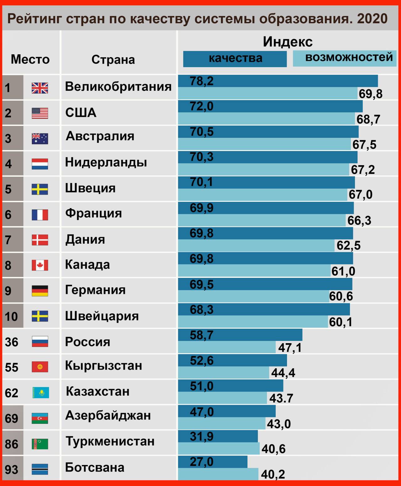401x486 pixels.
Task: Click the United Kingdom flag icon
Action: point(40,88)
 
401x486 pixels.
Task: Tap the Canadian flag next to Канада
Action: point(40,265)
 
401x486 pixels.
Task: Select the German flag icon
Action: point(40,291)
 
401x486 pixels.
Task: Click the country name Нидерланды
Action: point(106,162)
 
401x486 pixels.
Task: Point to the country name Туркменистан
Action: point(110,441)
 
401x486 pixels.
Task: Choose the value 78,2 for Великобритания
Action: point(201,81)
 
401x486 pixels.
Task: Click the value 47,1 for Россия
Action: point(290,348)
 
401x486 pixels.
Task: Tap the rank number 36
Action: point(12,342)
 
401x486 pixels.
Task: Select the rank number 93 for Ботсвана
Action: point(12,470)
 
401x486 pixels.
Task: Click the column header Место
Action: point(30,59)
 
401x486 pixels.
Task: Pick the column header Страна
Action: point(113,60)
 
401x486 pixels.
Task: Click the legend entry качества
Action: point(235,58)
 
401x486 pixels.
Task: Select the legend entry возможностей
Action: point(349,57)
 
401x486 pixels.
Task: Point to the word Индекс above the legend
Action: point(288,42)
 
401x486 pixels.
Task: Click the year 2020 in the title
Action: point(372,19)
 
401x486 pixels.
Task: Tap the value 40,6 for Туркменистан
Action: point(273,449)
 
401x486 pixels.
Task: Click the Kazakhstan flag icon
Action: point(40,393)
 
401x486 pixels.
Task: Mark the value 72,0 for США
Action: point(201,106)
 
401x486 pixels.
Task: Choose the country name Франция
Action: point(93,213)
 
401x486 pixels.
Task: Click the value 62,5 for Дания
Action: point(348,246)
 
